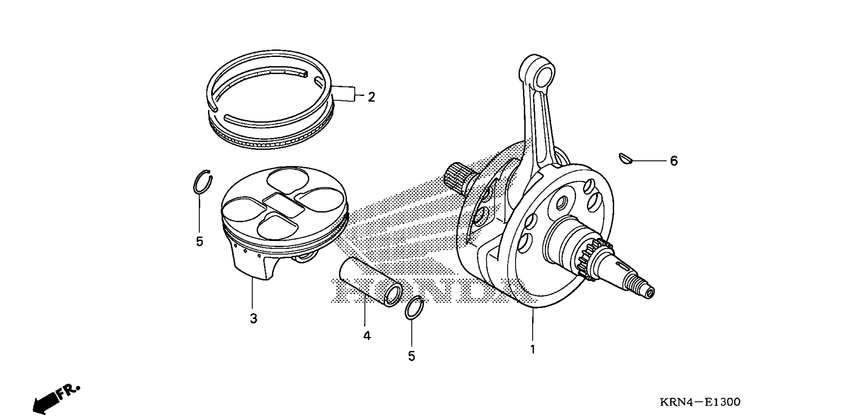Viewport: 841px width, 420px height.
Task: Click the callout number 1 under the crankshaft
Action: tap(532, 349)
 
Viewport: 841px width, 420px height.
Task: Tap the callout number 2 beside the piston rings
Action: tap(371, 97)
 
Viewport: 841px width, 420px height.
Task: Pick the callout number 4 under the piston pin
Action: tap(367, 336)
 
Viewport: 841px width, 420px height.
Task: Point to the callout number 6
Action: tap(674, 161)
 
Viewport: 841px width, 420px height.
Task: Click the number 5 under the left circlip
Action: tap(199, 242)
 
